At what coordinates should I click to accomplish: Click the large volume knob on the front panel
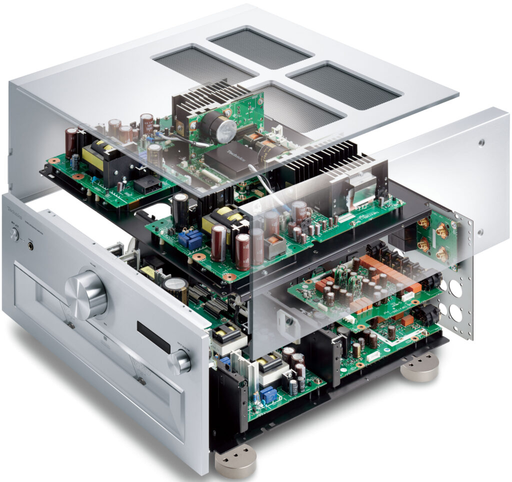coord(86,294)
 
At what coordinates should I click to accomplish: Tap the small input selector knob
coord(179,361)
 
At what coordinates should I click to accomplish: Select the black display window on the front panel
coord(153,336)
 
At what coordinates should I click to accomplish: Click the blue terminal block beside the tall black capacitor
coord(190,239)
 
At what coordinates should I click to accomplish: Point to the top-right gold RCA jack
coord(442,230)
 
